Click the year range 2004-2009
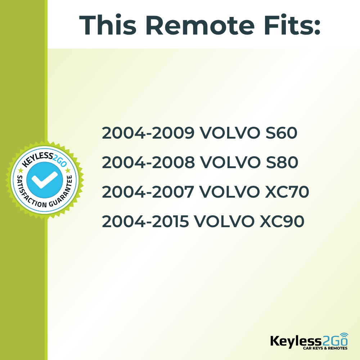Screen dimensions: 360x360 tap(148, 134)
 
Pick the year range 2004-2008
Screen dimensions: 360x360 tap(148, 163)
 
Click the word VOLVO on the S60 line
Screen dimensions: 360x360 tap(229, 134)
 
